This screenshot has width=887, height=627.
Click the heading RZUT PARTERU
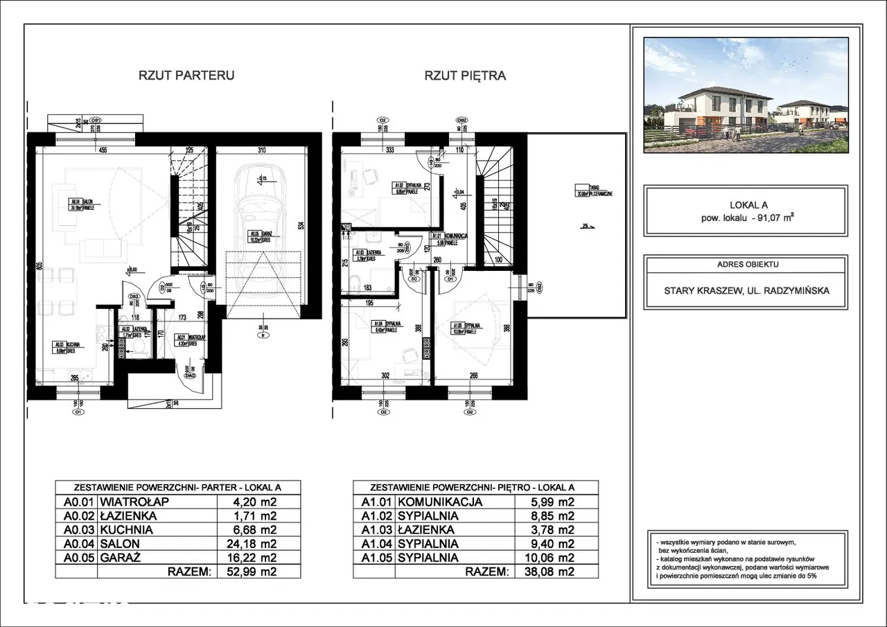point(188,76)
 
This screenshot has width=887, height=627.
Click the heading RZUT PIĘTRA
point(465,76)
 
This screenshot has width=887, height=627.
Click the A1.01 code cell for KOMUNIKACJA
point(374,502)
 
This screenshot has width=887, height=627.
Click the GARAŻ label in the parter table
point(122,558)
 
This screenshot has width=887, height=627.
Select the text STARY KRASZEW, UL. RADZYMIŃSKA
point(746,292)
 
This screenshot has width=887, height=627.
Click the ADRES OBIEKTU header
point(746,265)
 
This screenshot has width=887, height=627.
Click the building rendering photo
point(746,95)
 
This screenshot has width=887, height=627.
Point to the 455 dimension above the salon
point(102,150)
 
